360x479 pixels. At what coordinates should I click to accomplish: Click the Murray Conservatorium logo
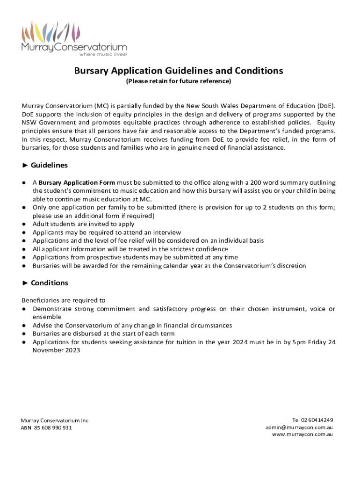coord(74,37)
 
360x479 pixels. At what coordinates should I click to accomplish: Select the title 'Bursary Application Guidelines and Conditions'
coord(179,71)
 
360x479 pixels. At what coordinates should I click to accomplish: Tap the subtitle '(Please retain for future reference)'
coord(178,81)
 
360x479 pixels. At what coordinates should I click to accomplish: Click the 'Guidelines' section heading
coord(49,165)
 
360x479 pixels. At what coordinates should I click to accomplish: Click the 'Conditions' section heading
coord(49,283)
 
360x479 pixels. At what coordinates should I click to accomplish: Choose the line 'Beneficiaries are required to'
coord(64,300)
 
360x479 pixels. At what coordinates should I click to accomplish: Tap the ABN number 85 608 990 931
coord(53,428)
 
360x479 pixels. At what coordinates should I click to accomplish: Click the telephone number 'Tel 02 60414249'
coord(312,420)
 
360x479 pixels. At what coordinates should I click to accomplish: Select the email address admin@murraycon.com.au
coord(299,427)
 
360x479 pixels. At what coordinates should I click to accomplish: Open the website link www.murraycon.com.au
coord(302,435)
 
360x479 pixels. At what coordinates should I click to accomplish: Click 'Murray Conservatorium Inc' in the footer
coord(55,421)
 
